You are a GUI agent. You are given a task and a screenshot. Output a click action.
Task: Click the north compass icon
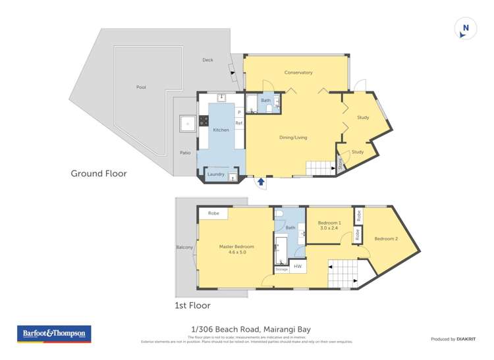coord(466,28)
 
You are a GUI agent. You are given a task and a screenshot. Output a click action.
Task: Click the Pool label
coord(141,87)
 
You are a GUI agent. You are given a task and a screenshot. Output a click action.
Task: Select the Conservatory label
coord(298,72)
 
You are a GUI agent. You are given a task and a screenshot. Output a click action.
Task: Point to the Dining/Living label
coord(293,138)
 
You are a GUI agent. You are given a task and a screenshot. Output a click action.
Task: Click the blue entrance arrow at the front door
coord(261,181)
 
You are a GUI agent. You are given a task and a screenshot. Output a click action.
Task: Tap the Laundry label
coord(216,174)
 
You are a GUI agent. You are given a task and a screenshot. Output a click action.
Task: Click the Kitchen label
coord(221,130)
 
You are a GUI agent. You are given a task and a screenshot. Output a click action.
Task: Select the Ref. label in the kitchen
coord(239,123)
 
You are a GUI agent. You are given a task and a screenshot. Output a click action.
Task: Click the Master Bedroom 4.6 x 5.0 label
coord(236,249)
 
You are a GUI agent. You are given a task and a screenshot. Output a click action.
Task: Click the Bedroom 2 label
coord(387,238)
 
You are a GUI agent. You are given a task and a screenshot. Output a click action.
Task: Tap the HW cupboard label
coord(298,266)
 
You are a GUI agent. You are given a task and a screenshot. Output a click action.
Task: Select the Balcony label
coord(184,247)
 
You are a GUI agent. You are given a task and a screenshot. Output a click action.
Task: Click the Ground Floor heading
coord(99,174)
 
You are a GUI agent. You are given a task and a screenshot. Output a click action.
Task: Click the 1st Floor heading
coord(192,305)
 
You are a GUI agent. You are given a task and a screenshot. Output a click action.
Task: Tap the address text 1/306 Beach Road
coord(226,329)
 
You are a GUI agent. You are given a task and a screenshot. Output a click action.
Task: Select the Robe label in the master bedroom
coord(213,213)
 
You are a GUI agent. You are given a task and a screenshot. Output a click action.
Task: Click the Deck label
coord(207,60)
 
